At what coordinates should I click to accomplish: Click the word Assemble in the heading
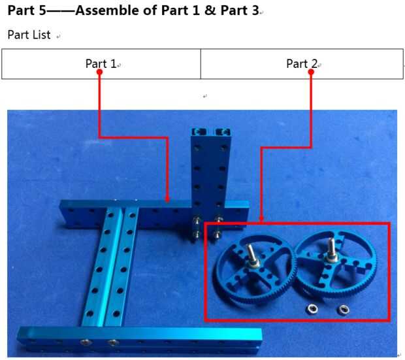pos(116,10)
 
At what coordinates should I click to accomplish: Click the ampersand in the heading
pos(210,10)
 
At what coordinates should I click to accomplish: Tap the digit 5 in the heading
pos(42,10)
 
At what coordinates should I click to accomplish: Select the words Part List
pos(29,35)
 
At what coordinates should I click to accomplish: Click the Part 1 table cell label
pos(101,63)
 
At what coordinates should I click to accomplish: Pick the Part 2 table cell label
pos(302,63)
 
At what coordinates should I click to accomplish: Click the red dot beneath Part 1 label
pos(99,72)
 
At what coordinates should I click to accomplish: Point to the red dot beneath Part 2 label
pos(311,72)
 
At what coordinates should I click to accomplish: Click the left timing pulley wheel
pos(254,269)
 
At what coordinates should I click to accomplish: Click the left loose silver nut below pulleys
pos(312,309)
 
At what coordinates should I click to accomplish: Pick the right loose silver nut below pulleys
pos(343,309)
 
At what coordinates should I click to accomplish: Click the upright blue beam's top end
pos(210,133)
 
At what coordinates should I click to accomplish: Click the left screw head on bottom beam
pos(86,342)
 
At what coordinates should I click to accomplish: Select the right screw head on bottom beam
pos(112,342)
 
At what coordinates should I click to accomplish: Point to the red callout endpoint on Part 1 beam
pos(167,199)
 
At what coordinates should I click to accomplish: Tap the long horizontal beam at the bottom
pos(140,339)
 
